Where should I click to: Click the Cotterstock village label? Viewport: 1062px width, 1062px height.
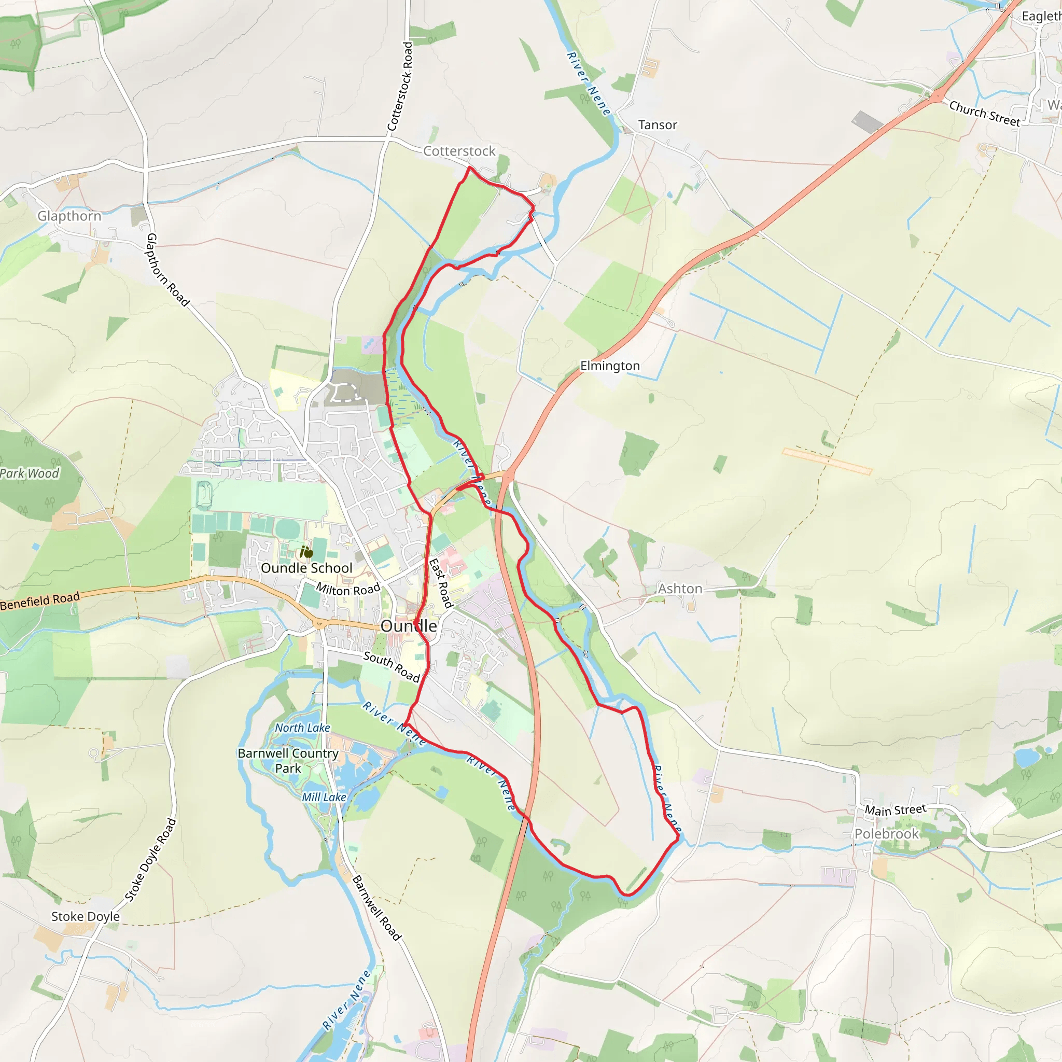(459, 151)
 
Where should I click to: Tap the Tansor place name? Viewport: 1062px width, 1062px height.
(658, 125)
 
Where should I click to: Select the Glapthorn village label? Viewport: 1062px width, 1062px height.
(69, 216)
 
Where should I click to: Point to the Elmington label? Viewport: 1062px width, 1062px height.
(610, 366)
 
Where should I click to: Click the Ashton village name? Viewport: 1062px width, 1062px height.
(680, 589)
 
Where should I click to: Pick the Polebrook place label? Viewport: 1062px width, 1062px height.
(886, 834)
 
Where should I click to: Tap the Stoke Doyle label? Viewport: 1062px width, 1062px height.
(85, 916)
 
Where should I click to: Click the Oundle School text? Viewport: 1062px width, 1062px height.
(306, 568)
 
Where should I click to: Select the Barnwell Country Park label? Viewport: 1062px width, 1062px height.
(288, 761)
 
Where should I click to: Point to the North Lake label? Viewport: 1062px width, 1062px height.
(302, 728)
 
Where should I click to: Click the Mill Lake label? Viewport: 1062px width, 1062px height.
(324, 797)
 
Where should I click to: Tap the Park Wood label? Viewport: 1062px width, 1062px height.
(29, 473)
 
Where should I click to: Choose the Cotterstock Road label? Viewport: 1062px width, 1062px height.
(400, 86)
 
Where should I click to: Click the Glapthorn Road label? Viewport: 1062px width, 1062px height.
(167, 270)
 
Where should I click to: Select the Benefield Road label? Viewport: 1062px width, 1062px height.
(39, 601)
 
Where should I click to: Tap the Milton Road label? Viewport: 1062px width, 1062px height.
(348, 589)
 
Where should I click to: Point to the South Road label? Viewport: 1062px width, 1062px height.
(392, 666)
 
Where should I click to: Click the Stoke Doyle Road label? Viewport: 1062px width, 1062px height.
(150, 861)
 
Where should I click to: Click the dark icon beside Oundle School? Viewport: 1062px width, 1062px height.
(306, 551)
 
